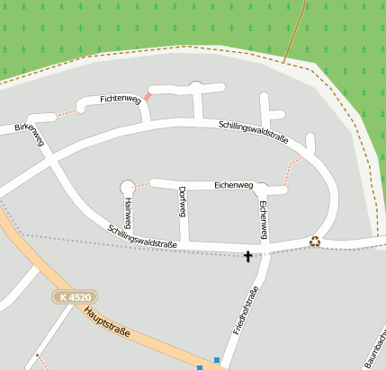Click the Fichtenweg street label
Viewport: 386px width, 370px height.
(121, 99)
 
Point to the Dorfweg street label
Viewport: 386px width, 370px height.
(182, 202)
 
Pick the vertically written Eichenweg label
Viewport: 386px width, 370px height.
(264, 219)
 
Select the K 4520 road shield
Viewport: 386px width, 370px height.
(74, 297)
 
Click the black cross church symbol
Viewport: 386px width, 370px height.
(248, 258)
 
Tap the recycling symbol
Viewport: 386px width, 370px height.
(315, 241)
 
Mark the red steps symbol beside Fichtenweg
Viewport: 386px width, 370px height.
(148, 94)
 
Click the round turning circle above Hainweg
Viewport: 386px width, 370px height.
(127, 187)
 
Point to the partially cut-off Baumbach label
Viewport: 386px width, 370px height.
(376, 350)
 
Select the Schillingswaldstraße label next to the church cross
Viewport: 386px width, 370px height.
(141, 235)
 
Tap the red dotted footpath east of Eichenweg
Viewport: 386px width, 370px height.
(291, 172)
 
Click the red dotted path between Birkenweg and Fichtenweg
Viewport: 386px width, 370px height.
(67, 114)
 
